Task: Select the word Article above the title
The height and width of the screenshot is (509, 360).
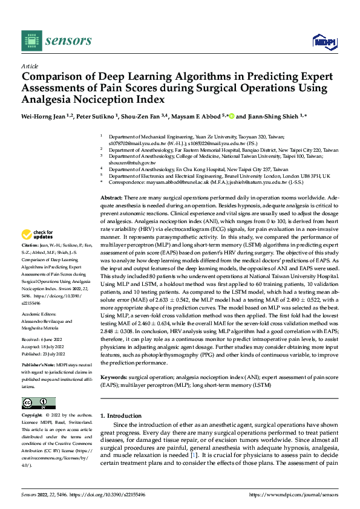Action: pos(30,66)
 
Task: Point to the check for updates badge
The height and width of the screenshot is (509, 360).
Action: pos(38,235)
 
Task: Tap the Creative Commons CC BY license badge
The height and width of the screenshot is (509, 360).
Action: pos(39,403)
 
